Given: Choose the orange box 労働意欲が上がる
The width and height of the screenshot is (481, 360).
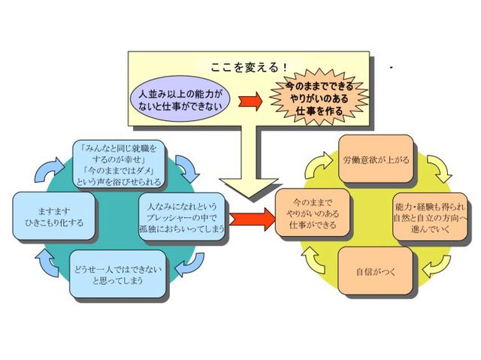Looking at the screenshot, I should point(375,159).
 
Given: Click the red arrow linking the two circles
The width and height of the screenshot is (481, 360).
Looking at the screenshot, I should point(250,219).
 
